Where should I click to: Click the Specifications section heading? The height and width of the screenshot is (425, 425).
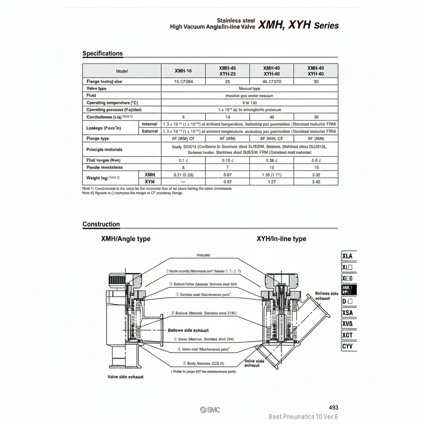pos(102,54)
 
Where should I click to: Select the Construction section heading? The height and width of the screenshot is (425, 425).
pos(101,224)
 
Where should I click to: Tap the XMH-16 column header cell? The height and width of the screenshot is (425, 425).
pos(183,71)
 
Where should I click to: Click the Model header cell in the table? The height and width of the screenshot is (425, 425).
pos(122,71)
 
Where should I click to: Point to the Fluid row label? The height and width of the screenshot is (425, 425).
pos(91,96)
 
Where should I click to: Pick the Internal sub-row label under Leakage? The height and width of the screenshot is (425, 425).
pos(150,124)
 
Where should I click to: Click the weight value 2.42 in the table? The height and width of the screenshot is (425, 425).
pos(316,182)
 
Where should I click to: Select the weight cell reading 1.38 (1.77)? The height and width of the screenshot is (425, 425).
pos(272,175)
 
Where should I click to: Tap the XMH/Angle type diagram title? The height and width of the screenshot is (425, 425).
pos(126,239)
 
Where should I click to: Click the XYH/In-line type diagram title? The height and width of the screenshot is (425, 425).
pos(281,239)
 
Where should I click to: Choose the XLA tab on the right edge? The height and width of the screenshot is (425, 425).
pos(348,256)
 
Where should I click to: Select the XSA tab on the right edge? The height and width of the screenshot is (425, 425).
pos(348,313)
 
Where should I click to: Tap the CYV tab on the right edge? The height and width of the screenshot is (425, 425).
pos(348,346)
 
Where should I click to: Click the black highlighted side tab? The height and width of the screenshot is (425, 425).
pos(348,290)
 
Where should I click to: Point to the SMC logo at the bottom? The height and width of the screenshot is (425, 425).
pos(209,410)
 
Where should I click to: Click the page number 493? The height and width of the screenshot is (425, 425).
pos(334,407)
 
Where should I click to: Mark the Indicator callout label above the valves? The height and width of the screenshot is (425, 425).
pos(203,255)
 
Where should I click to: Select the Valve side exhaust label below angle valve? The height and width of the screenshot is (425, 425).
pos(125,377)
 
